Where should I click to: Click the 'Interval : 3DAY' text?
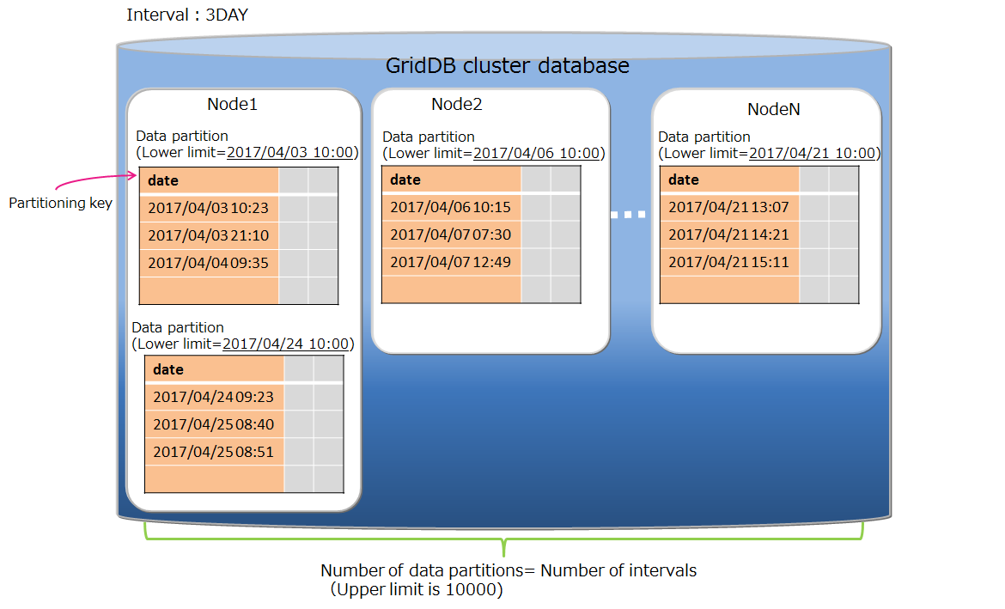(x=188, y=15)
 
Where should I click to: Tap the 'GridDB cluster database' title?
(x=507, y=65)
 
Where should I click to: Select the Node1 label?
(x=232, y=105)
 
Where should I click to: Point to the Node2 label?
(x=456, y=105)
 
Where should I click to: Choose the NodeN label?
(x=774, y=110)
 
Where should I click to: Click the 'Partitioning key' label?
(x=60, y=204)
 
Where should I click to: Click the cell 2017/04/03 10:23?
(x=208, y=208)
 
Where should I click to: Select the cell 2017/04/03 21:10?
(x=208, y=235)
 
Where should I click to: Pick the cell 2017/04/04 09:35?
(x=208, y=263)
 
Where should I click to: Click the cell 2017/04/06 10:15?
(x=450, y=207)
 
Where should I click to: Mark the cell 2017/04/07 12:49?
(x=450, y=262)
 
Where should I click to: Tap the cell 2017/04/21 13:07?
(x=728, y=207)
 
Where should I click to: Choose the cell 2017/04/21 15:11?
(x=728, y=262)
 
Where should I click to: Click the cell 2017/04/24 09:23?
(x=213, y=397)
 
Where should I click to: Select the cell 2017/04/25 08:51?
(x=213, y=452)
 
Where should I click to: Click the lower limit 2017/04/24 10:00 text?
(x=285, y=344)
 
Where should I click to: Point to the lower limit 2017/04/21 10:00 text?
(x=812, y=154)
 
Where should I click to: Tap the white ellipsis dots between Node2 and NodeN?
(x=628, y=215)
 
